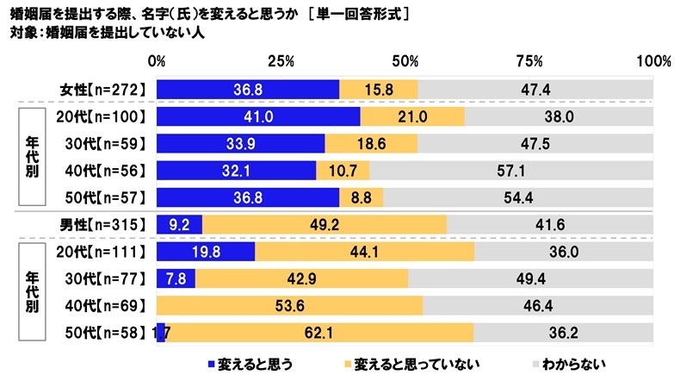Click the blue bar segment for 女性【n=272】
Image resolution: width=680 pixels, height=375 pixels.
tap(248, 90)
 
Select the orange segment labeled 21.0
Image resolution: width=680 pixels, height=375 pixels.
tap(412, 116)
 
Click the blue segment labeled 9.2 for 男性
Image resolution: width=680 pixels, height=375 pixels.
tap(179, 224)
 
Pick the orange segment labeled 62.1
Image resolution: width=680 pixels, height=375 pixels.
tap(319, 333)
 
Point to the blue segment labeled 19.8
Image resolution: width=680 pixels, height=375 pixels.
tap(206, 251)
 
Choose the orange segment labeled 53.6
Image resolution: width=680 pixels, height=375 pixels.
tap(289, 305)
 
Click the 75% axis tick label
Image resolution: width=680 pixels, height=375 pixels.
tap(529, 62)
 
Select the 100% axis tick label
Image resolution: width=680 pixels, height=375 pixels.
tap(652, 62)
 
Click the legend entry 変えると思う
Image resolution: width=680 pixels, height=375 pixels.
tap(244, 363)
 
